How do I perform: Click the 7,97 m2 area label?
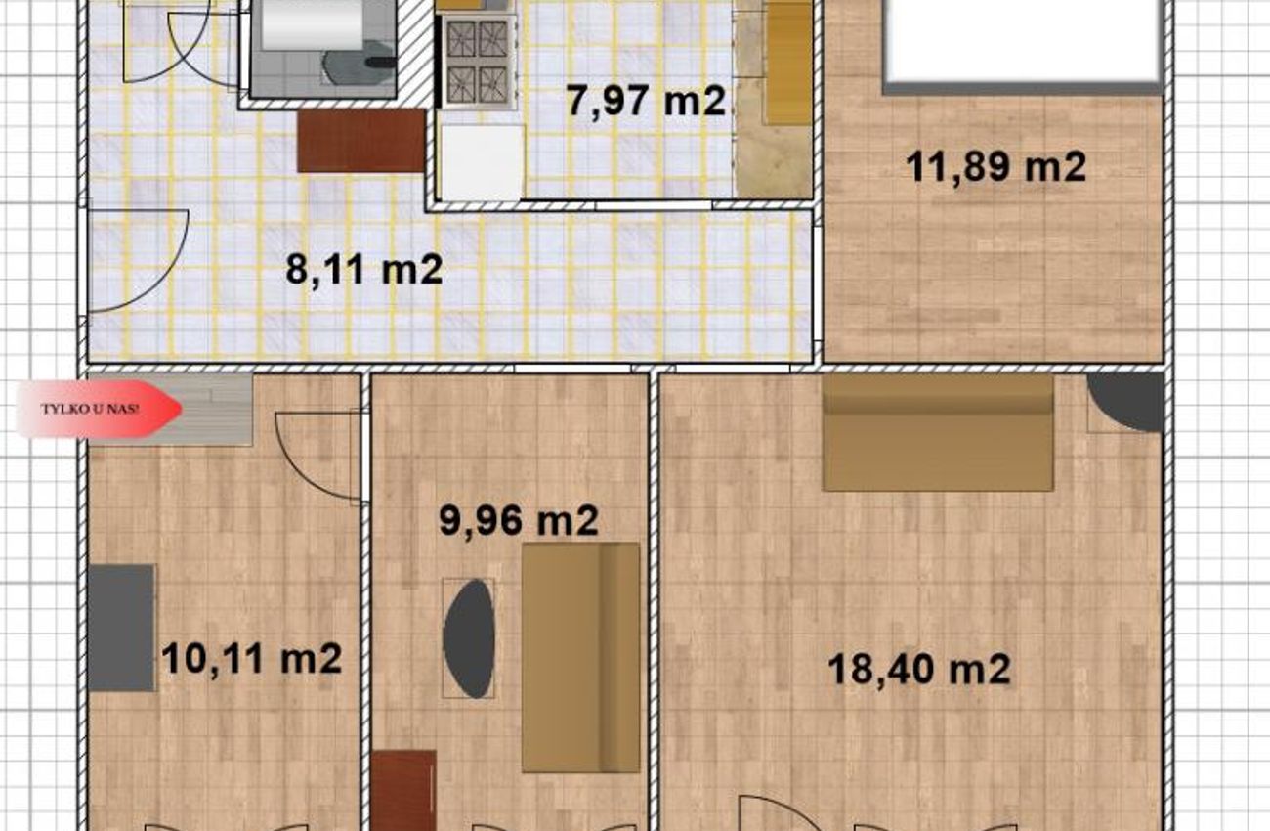646,101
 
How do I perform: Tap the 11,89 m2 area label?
995,167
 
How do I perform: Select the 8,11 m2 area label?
364,269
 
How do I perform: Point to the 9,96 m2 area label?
519,520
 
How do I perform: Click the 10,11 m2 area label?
252,659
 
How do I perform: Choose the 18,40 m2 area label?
919,670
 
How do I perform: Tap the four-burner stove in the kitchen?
478,62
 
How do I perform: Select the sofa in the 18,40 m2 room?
938,432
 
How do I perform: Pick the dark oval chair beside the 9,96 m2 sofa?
468,638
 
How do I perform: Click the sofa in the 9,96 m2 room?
580,658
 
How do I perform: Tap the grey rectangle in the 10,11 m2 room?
121,628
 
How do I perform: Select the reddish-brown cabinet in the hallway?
361,141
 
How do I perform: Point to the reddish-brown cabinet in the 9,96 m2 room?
403,791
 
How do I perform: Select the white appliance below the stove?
482,163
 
